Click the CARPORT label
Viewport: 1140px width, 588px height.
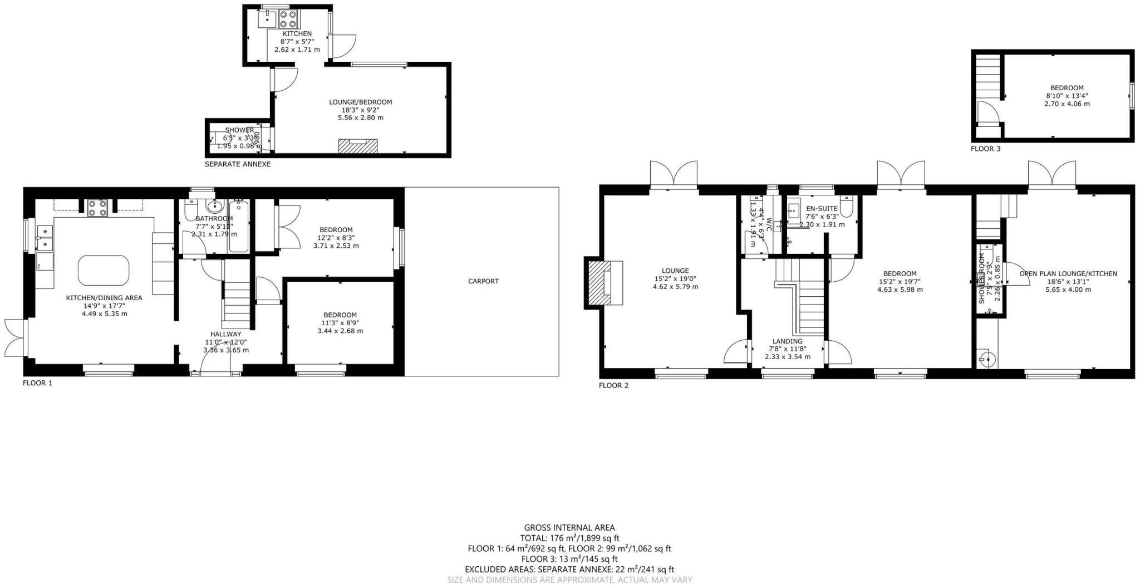483,281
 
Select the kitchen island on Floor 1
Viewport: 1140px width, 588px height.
104,270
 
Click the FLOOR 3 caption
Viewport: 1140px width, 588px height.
985,149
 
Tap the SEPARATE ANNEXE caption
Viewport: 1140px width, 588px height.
238,164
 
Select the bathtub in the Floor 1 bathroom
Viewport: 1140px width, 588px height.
239,227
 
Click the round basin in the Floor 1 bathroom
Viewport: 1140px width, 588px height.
213,205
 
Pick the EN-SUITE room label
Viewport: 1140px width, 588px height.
822,208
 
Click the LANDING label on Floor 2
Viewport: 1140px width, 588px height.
787,341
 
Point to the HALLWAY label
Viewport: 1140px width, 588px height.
225,334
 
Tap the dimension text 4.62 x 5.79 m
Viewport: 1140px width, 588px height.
675,287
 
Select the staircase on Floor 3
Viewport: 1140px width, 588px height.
988,78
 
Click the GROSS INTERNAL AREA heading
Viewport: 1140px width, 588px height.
569,528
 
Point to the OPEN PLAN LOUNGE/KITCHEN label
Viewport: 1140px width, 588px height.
1068,273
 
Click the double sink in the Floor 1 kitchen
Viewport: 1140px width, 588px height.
44,237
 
